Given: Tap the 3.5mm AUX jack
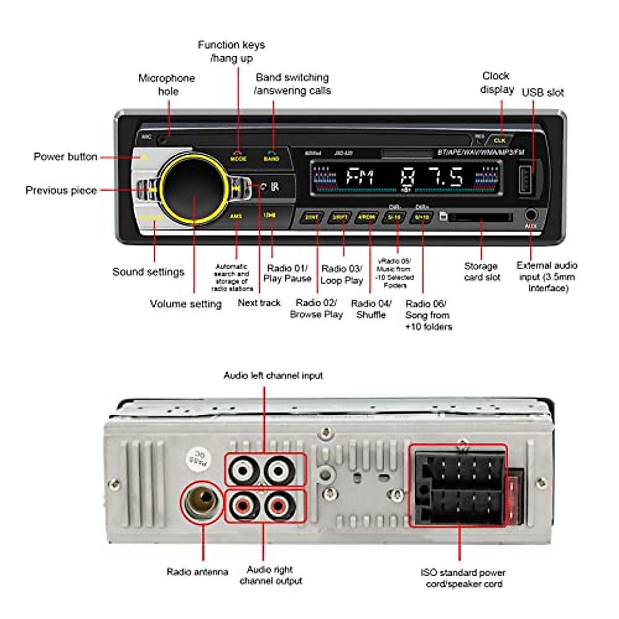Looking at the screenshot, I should [530, 215].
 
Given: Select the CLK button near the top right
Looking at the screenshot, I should [499, 140].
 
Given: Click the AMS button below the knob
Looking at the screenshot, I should [236, 216].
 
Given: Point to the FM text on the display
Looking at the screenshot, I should [361, 177].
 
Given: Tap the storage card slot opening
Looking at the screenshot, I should [480, 217].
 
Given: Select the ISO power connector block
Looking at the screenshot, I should [459, 486].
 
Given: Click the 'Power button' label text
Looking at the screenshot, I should [66, 157].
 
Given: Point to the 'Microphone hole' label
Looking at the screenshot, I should [167, 85].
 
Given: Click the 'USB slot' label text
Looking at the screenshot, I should [543, 93].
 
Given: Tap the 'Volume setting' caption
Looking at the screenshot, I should [186, 304].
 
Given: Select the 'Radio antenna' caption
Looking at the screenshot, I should [197, 572].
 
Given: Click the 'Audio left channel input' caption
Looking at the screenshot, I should [273, 376].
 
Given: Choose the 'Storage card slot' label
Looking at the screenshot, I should [481, 272].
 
